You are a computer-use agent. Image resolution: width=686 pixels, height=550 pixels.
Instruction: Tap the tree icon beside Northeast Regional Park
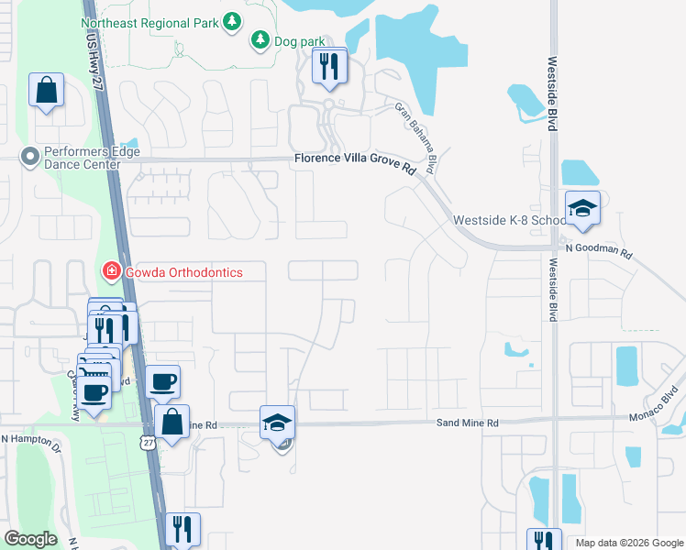coord(232,20)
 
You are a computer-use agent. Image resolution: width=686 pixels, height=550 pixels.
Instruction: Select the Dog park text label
coord(300,41)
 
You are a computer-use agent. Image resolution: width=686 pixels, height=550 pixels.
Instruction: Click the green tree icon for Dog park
coord(260,39)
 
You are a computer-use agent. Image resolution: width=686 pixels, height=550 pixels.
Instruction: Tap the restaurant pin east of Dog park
coord(328,66)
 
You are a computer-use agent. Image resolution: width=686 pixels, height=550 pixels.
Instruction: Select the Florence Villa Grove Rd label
coord(356,159)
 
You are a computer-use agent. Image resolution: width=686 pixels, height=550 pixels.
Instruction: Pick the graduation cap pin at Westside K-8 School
coord(581,209)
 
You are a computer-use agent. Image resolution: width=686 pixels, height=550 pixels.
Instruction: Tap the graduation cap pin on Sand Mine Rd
coord(278,423)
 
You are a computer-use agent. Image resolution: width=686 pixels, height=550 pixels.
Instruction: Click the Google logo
coord(30,539)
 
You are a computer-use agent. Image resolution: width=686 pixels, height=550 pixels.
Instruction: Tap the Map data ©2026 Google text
coord(628,543)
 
